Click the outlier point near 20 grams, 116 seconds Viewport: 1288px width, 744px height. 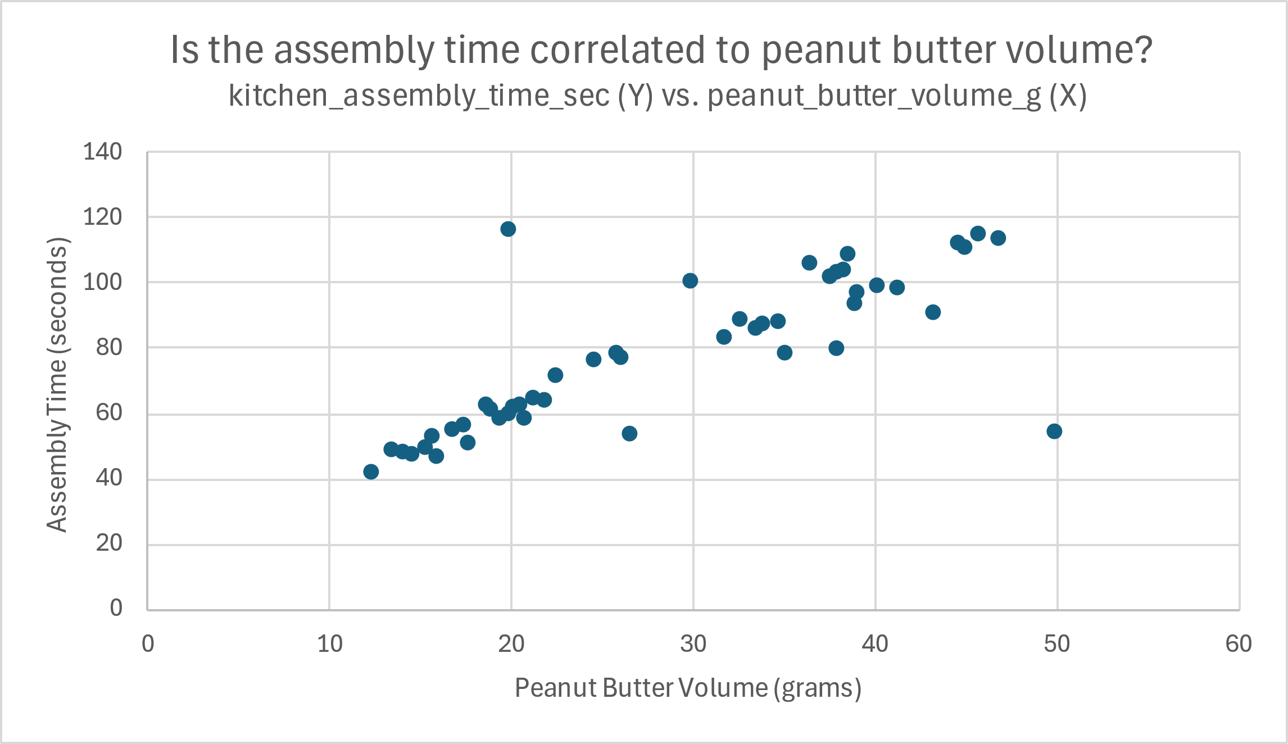pyautogui.click(x=508, y=229)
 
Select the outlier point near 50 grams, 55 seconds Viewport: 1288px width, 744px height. pyautogui.click(x=1054, y=431)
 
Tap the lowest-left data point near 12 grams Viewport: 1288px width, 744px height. pyautogui.click(x=371, y=471)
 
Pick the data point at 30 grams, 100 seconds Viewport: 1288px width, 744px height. pyautogui.click(x=690, y=280)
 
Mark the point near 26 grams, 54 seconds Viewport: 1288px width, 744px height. pyautogui.click(x=629, y=433)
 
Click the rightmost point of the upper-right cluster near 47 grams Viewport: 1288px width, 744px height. pyautogui.click(x=998, y=238)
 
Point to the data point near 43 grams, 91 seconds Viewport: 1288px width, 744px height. pyautogui.click(x=933, y=312)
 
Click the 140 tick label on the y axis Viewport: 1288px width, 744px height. pyautogui.click(x=102, y=152)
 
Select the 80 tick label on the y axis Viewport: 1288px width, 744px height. pyautogui.click(x=108, y=347)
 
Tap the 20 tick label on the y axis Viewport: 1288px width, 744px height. pyautogui.click(x=108, y=543)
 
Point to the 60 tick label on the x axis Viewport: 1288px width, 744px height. pyautogui.click(x=1239, y=644)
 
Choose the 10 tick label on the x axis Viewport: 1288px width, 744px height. pyautogui.click(x=329, y=644)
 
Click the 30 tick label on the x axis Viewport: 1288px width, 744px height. pyautogui.click(x=693, y=644)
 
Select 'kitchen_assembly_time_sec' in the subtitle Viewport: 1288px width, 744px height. pyautogui.click(x=419, y=96)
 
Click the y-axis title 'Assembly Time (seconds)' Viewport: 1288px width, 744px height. pyautogui.click(x=57, y=385)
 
